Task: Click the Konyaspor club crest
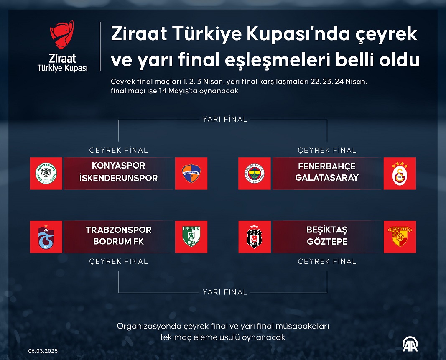46,174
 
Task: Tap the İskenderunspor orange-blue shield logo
191,174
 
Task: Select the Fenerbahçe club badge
255,174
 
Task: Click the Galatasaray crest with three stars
400,174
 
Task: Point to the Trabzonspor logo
46,237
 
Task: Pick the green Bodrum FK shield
191,237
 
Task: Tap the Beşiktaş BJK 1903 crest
254,237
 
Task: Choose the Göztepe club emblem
400,237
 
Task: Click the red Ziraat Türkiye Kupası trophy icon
62,34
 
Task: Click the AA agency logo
410,344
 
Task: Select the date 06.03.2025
43,351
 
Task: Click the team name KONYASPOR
118,165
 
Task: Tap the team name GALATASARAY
327,178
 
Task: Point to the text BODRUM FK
118,241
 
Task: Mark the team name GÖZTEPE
327,241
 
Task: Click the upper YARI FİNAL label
225,119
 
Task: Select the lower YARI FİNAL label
225,292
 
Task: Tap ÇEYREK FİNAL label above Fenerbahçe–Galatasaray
327,150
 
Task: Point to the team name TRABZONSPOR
118,230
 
